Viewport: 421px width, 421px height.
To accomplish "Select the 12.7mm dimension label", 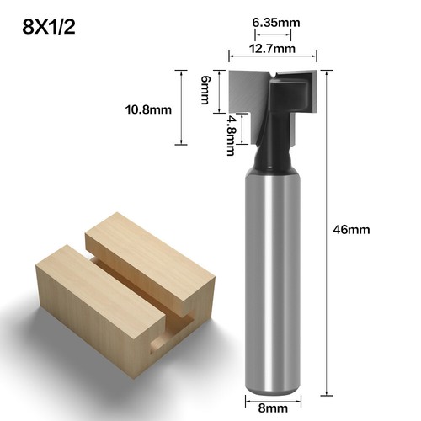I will tap(272, 48).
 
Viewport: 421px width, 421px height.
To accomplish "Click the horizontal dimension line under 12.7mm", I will tap(272, 59).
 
